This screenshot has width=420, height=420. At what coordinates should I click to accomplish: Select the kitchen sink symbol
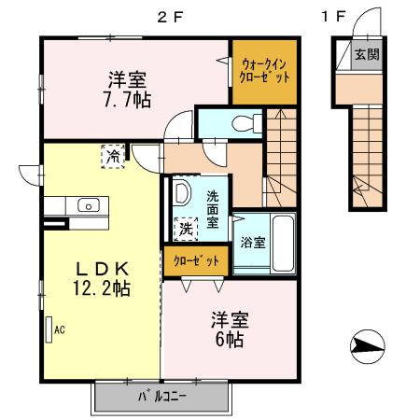[x=90, y=205]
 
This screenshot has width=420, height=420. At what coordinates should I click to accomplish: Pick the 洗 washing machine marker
[x=187, y=227]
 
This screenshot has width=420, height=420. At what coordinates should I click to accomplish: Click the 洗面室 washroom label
[x=213, y=209]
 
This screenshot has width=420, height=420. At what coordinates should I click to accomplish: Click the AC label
[x=60, y=329]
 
